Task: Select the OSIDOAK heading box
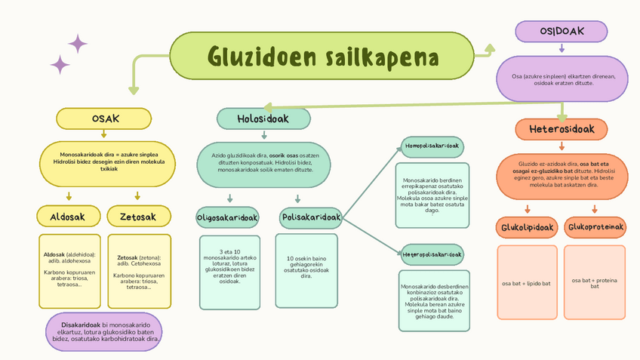(562, 31)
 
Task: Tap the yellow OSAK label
(105, 118)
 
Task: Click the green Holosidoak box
(263, 118)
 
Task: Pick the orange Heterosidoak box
(562, 129)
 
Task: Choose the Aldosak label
(67, 217)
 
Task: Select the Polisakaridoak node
(310, 217)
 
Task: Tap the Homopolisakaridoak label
(432, 146)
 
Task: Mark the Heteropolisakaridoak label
(432, 252)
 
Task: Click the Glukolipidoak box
(527, 226)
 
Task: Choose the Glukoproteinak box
(595, 226)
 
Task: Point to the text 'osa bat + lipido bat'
(526, 283)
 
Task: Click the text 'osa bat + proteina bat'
(595, 283)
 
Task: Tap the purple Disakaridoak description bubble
(104, 331)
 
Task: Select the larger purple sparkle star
(78, 44)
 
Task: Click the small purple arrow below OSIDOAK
(562, 48)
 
